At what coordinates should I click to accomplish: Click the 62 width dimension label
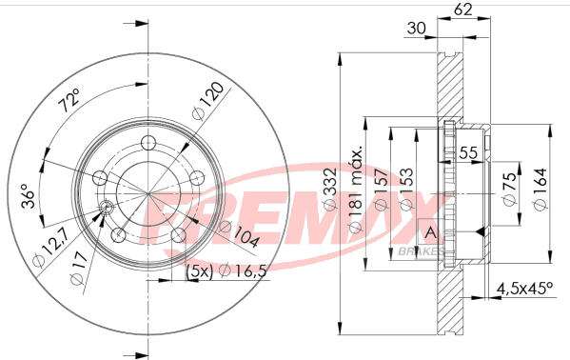pos(463,9)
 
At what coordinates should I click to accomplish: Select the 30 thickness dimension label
pos(416,28)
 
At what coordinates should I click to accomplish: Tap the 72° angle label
pos(69,100)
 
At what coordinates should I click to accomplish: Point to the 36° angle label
pos(29,196)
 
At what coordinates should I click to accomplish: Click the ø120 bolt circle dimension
pos(207,101)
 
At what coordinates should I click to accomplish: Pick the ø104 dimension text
pos(240,234)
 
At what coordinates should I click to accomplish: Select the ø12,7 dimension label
pos(50,249)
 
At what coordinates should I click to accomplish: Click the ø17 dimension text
pos(79,268)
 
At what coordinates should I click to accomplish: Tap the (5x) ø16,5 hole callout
pos(226,271)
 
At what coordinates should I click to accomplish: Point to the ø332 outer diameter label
pos(331,190)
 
